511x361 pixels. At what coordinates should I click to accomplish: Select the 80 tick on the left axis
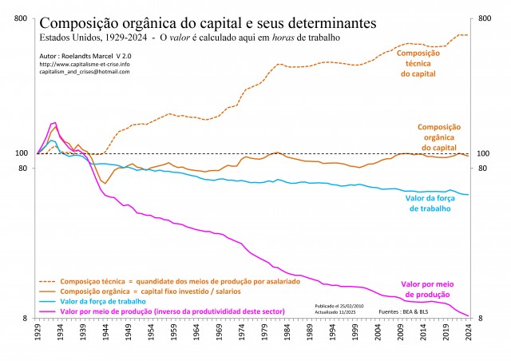point(23,169)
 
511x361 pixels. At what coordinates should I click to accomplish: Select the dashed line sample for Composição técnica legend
point(48,282)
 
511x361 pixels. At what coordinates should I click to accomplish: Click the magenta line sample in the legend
point(48,311)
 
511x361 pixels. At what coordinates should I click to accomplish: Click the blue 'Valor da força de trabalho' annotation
point(428,203)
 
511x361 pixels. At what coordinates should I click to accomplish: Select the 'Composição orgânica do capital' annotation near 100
point(443,137)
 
